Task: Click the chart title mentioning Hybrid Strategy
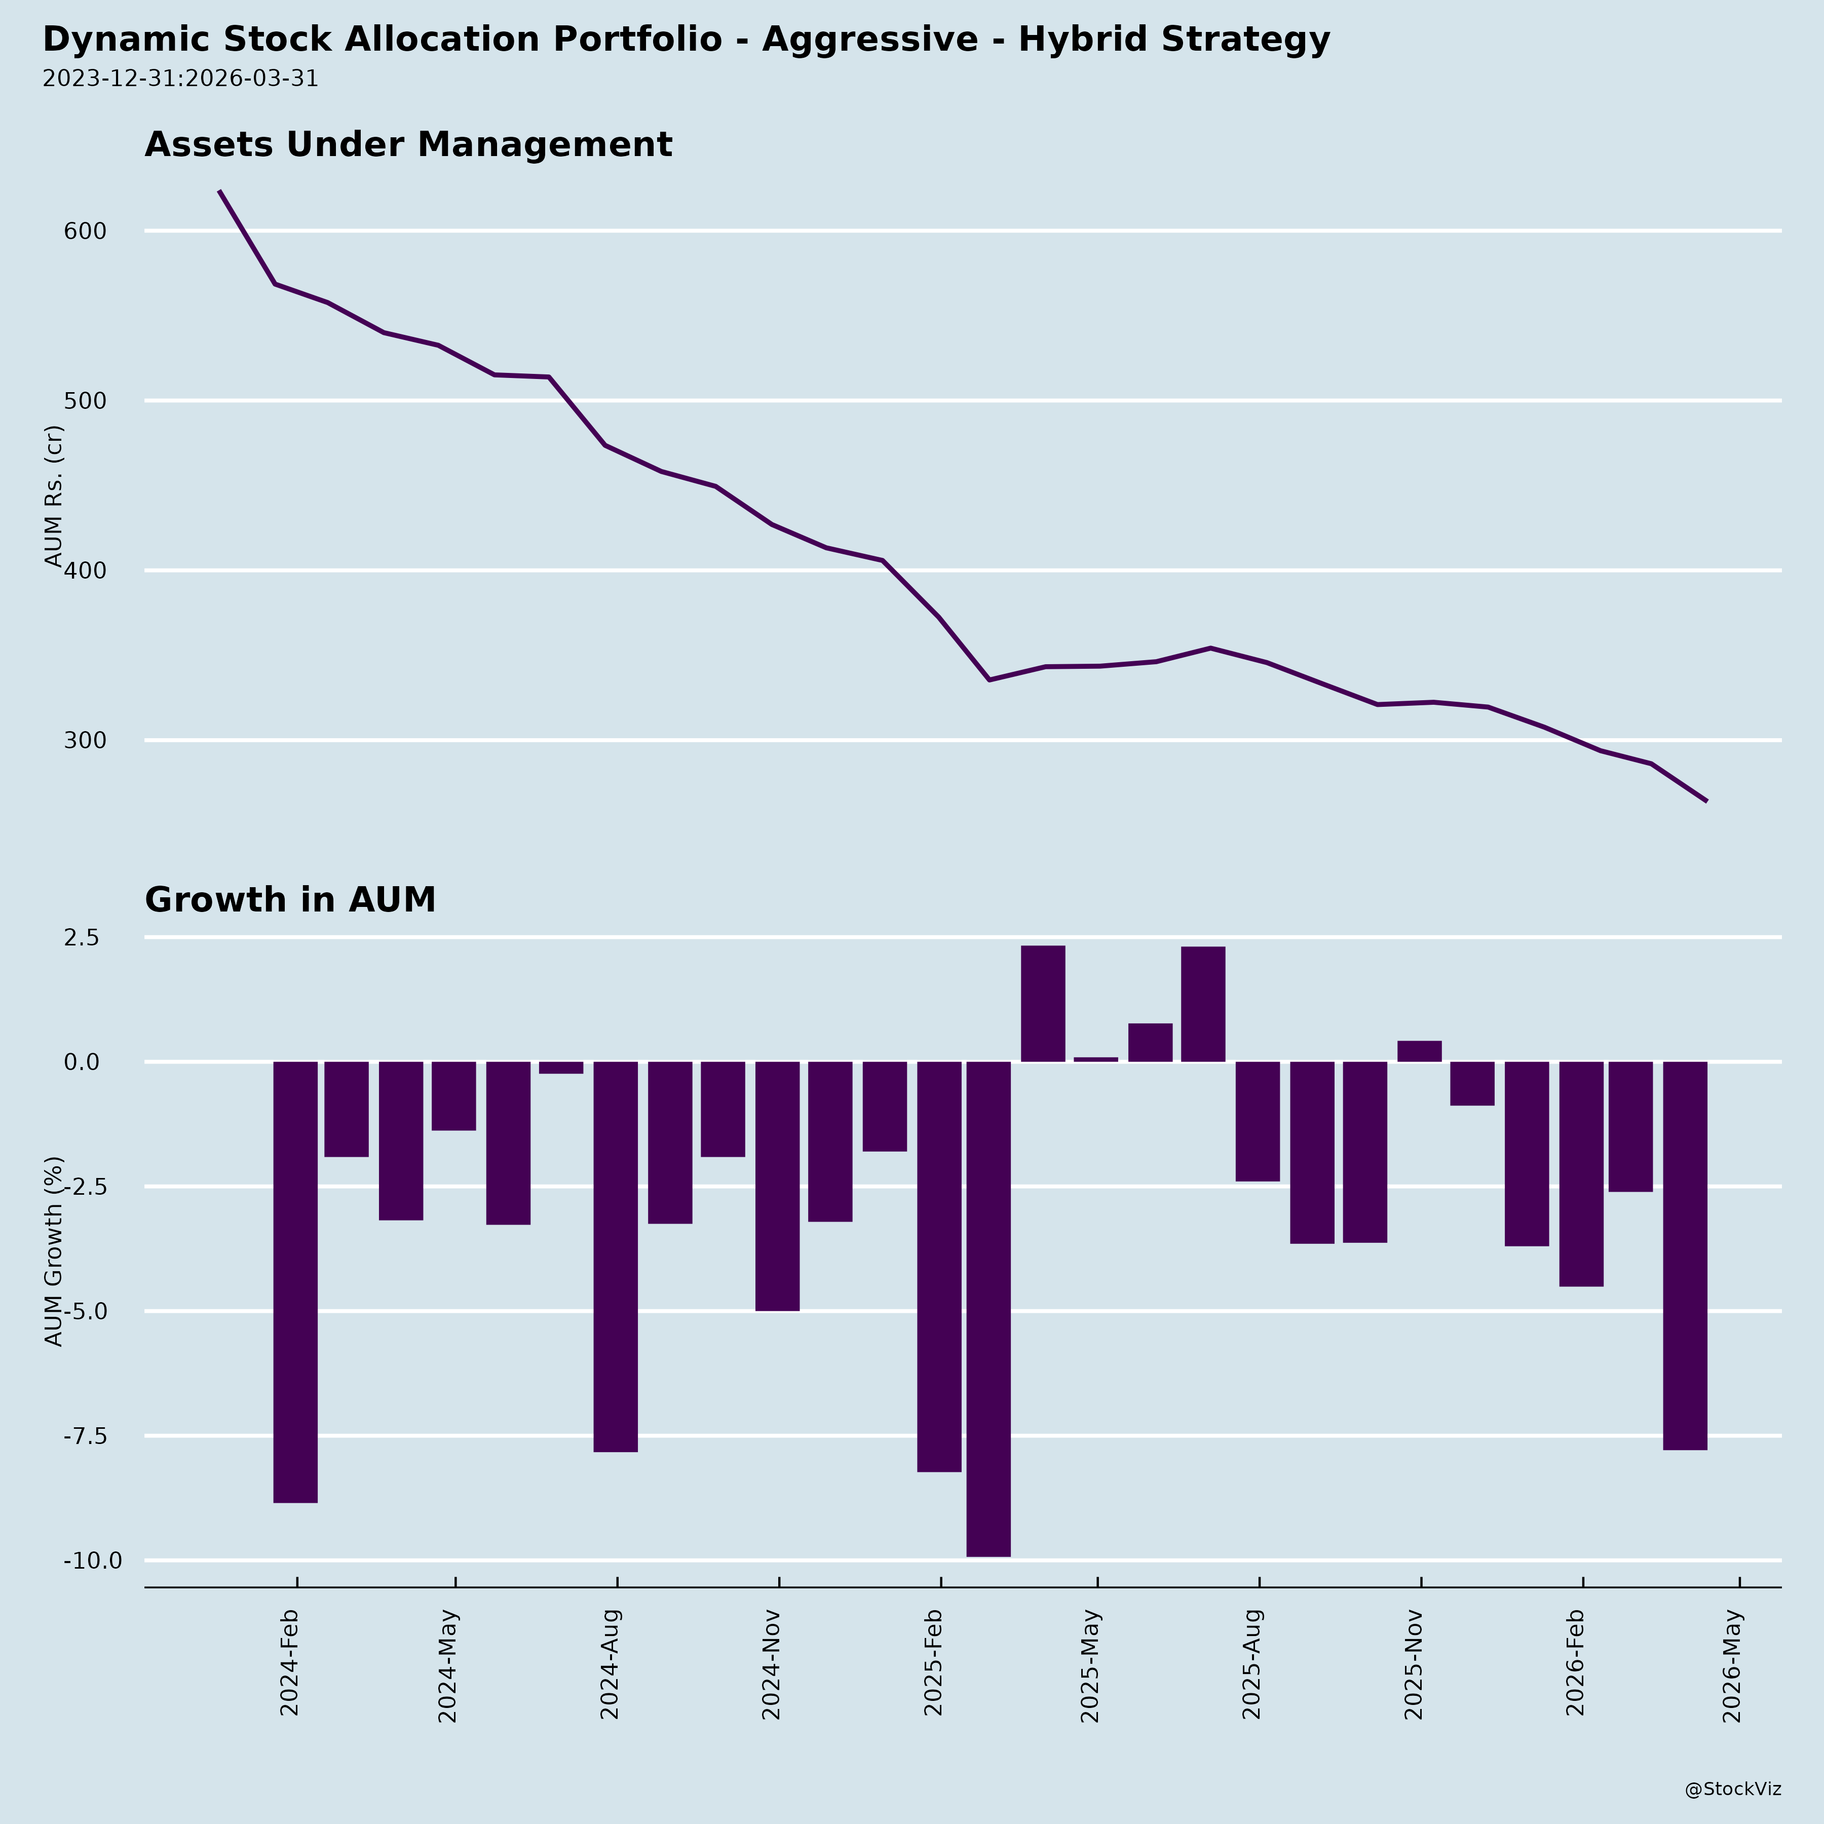pyautogui.click(x=687, y=40)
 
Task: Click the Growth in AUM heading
pyautogui.click(x=290, y=900)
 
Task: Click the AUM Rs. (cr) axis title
pyautogui.click(x=55, y=496)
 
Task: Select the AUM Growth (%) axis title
pyautogui.click(x=55, y=1251)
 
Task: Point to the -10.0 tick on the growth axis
pyautogui.click(x=93, y=1561)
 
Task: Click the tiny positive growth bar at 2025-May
pyautogui.click(x=1095, y=1059)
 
